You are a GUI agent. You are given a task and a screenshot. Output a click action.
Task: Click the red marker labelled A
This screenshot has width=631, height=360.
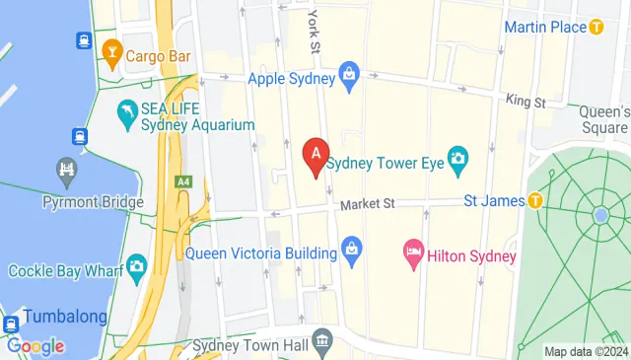coord(315,154)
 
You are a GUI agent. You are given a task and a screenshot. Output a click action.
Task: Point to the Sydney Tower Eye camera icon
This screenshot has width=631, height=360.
coord(457,158)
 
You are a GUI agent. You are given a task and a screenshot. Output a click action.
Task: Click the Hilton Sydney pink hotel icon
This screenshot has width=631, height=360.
coord(413,255)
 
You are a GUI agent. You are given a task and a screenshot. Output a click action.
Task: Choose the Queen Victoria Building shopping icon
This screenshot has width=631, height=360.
coord(352,253)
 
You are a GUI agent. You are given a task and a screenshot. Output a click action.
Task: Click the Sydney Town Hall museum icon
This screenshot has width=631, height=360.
coord(322,344)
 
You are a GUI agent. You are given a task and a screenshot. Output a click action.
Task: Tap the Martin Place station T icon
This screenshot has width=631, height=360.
coord(596,28)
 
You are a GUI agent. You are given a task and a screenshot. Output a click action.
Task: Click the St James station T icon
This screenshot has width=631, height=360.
coord(535,201)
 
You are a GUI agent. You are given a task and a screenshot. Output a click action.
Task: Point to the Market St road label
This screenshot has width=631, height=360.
coord(368,204)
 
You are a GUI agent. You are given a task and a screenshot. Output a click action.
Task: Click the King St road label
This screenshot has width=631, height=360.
coord(526,100)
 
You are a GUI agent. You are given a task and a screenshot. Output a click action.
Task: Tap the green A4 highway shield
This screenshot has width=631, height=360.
coord(182,181)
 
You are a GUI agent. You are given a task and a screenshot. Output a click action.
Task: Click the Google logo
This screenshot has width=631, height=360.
coord(35,346)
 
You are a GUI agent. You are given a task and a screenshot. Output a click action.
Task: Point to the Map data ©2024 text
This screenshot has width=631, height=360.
coord(585,352)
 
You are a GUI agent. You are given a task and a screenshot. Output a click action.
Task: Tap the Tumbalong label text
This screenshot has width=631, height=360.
coord(65,318)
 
